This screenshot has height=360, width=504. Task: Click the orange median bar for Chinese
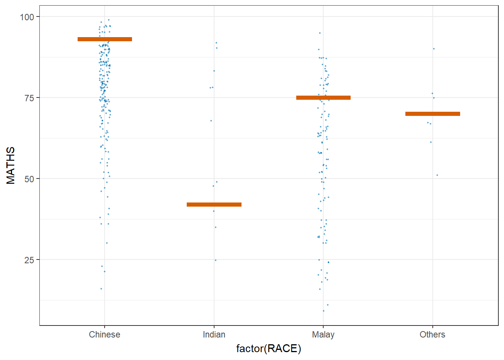click(x=105, y=39)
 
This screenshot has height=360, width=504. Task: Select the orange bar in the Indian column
click(x=214, y=204)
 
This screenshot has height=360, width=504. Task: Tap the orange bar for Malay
click(x=323, y=97)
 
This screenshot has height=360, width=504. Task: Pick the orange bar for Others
click(x=432, y=114)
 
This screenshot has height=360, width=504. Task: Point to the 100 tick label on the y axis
click(x=27, y=17)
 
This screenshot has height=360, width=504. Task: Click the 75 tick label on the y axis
click(x=29, y=98)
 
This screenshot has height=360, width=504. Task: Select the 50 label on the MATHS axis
click(x=29, y=179)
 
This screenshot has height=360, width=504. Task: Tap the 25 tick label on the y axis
click(x=29, y=260)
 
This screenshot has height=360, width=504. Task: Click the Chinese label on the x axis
click(x=105, y=334)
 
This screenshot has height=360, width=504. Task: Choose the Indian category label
click(x=214, y=334)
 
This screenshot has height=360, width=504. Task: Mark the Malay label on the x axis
click(x=323, y=334)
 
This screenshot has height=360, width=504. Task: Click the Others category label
click(x=432, y=334)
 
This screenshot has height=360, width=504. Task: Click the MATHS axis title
click(x=11, y=165)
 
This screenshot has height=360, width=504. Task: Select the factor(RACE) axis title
click(x=268, y=349)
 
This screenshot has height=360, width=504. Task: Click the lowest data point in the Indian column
click(x=216, y=260)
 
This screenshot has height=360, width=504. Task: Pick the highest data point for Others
click(x=434, y=49)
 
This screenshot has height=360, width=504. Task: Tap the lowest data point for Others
click(x=437, y=175)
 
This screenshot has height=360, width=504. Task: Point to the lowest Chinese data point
click(x=101, y=289)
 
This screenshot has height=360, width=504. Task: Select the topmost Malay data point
click(x=320, y=33)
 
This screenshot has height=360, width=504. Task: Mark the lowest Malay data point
click(x=324, y=311)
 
